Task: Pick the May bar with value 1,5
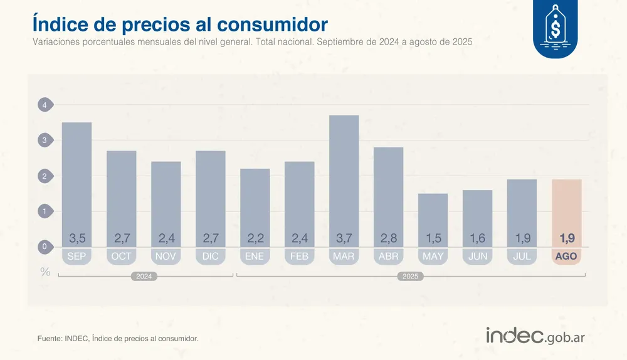pos(433,216)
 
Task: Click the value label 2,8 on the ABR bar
pos(389,238)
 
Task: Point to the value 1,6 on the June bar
pos(478,238)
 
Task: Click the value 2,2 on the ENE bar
pos(255,238)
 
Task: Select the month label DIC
pos(211,257)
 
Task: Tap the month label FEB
pos(300,257)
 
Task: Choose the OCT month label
pos(122,257)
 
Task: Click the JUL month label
pos(522,257)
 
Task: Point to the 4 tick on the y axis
pos(45,105)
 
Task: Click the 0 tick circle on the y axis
pos(45,247)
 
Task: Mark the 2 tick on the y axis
pos(45,176)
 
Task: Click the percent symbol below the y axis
pos(45,272)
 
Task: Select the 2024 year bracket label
pos(143,276)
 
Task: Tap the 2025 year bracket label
pos(410,276)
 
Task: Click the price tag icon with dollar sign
pos(555,28)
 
